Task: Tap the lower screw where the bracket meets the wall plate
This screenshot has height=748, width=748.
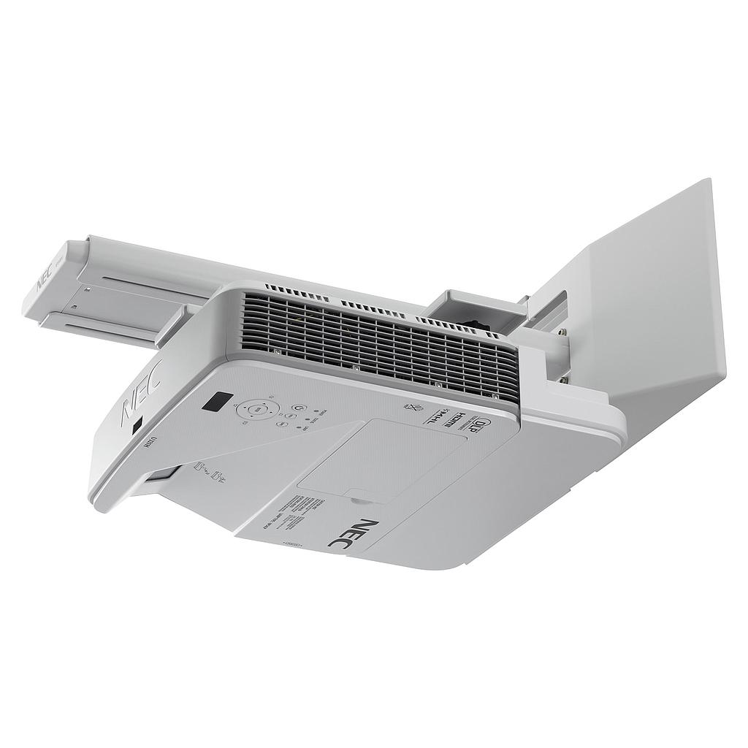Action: [564, 379]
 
